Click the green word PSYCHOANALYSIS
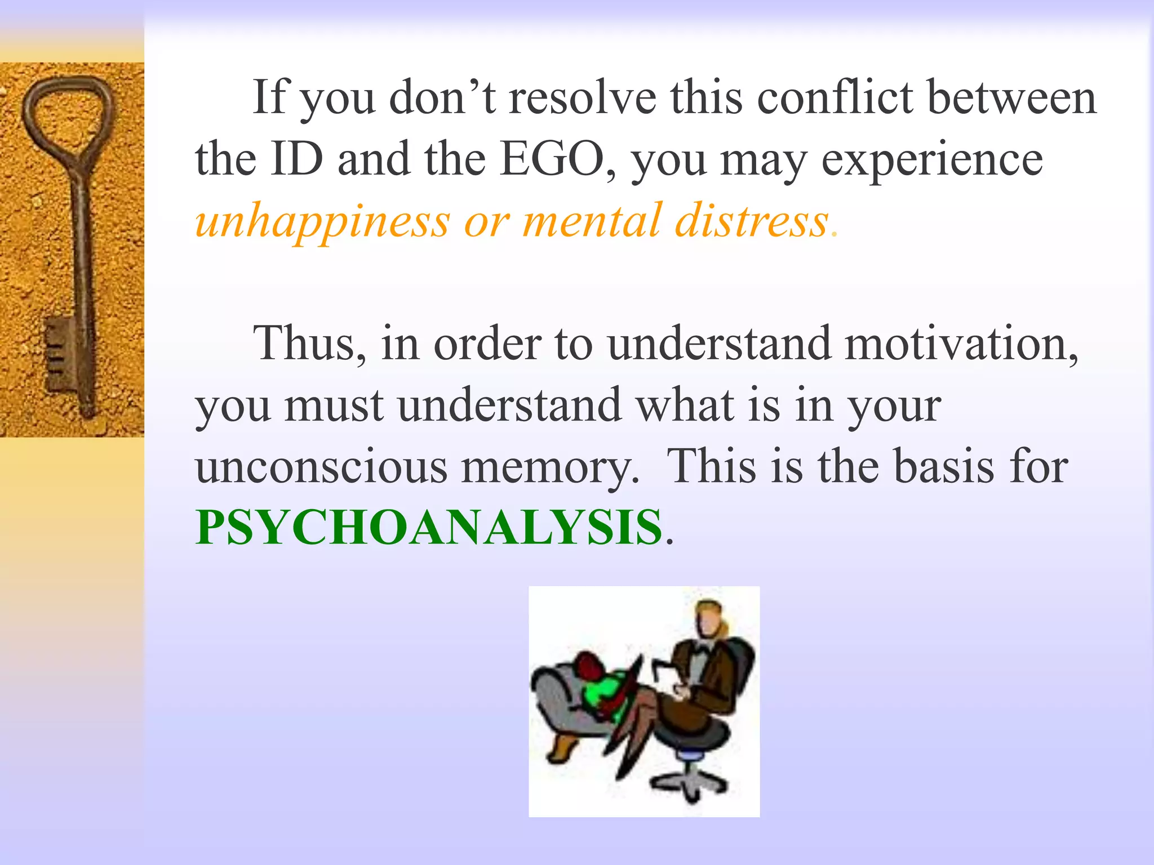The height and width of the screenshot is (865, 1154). (428, 528)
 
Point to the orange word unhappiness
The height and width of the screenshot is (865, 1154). (322, 221)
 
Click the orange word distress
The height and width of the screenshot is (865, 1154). (752, 221)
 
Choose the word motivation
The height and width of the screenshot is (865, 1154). (961, 344)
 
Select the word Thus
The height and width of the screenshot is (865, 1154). (310, 344)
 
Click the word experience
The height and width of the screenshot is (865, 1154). (932, 160)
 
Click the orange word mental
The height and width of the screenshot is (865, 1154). (592, 221)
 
